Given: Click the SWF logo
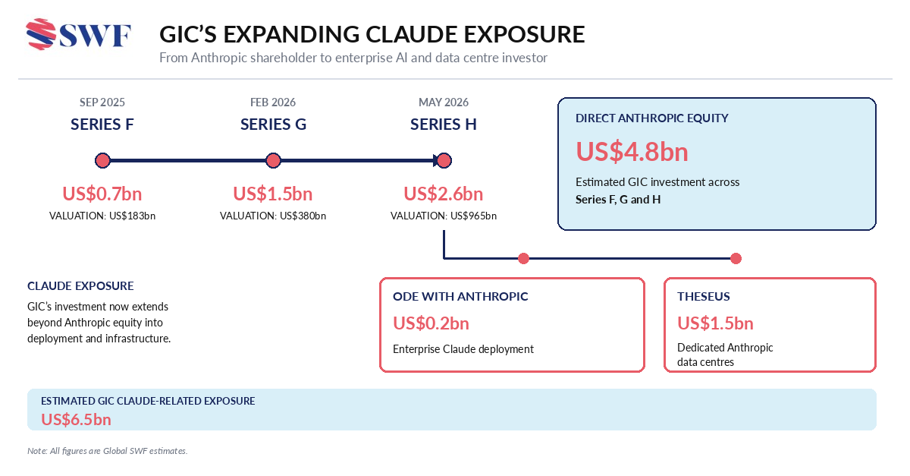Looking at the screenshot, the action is click(x=78, y=35).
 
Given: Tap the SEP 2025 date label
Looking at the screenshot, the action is click(x=102, y=102).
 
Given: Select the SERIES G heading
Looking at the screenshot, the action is click(x=273, y=124).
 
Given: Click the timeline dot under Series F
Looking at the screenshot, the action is click(x=103, y=160).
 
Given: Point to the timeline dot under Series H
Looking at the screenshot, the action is click(x=444, y=160).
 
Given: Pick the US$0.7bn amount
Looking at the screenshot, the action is click(x=102, y=194).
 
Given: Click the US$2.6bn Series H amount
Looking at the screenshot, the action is click(x=443, y=194).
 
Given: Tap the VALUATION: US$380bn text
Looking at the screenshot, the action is click(x=273, y=216).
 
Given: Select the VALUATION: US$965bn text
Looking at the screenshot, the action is click(x=444, y=216).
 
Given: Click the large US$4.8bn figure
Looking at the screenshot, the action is click(x=632, y=152).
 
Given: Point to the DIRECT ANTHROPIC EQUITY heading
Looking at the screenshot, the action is click(x=651, y=118).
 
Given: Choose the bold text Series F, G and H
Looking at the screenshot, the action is click(x=618, y=200).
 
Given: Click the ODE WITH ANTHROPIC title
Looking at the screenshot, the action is click(x=460, y=296).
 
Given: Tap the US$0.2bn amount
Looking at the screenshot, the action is click(x=431, y=323).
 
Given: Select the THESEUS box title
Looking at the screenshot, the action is click(x=703, y=296).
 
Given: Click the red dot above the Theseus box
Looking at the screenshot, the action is click(x=736, y=258).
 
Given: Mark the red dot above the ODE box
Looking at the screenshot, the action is click(x=524, y=258).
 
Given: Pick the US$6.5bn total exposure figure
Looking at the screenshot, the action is click(x=76, y=420).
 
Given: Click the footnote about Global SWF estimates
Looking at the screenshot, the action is click(x=107, y=451).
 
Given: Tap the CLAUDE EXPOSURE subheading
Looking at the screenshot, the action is click(x=80, y=286).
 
